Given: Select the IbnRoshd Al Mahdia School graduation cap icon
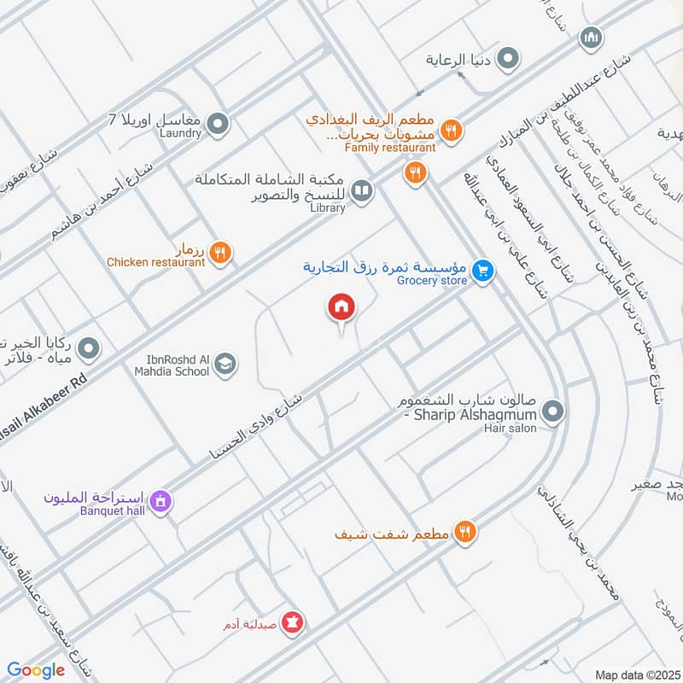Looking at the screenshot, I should pos(225,365).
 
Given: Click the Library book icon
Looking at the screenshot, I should pos(362,191).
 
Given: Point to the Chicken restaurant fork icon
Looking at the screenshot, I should pos(220,254).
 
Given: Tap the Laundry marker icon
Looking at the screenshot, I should pos(218,126).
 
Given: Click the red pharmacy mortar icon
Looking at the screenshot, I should pos(293,623).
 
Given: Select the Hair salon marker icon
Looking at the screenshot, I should pos(552,414).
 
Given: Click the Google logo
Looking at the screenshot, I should pos(36,670).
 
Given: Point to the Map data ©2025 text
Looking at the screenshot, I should pos(636,674).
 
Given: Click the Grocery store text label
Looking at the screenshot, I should pos(432,280).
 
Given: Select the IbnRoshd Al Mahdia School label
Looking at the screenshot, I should pos(171,365).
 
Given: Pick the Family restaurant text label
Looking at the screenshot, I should pos(390,148).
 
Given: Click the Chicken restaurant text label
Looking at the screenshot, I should pos(156,262).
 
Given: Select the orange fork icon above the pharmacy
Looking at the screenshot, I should pos(464,533).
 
